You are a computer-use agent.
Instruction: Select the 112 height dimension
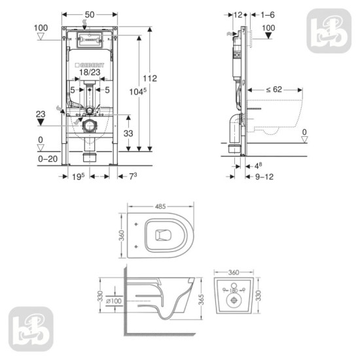[152, 79]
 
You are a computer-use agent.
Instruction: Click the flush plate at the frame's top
[88, 38]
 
